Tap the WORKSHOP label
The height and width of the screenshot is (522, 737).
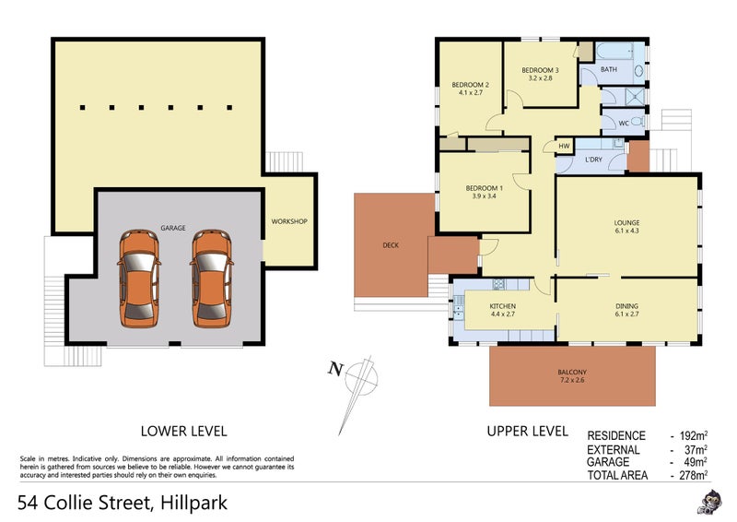coord(288,221)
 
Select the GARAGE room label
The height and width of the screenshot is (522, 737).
coord(174,227)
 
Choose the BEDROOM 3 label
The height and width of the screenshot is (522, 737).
coord(540,70)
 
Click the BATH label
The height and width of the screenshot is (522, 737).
coord(609,69)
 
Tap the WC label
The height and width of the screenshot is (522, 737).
coord(623,122)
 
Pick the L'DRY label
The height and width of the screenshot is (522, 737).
coord(593,161)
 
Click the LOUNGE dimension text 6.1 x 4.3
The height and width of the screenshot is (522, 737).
coord(627,231)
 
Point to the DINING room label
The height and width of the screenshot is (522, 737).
coord(626,306)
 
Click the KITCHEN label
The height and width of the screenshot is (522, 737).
coord(502,306)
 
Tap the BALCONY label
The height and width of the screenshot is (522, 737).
coord(571,373)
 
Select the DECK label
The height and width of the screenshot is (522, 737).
coord(390,245)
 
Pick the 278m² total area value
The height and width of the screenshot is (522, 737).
coord(692,475)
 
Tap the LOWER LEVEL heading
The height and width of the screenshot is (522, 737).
coord(183,430)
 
